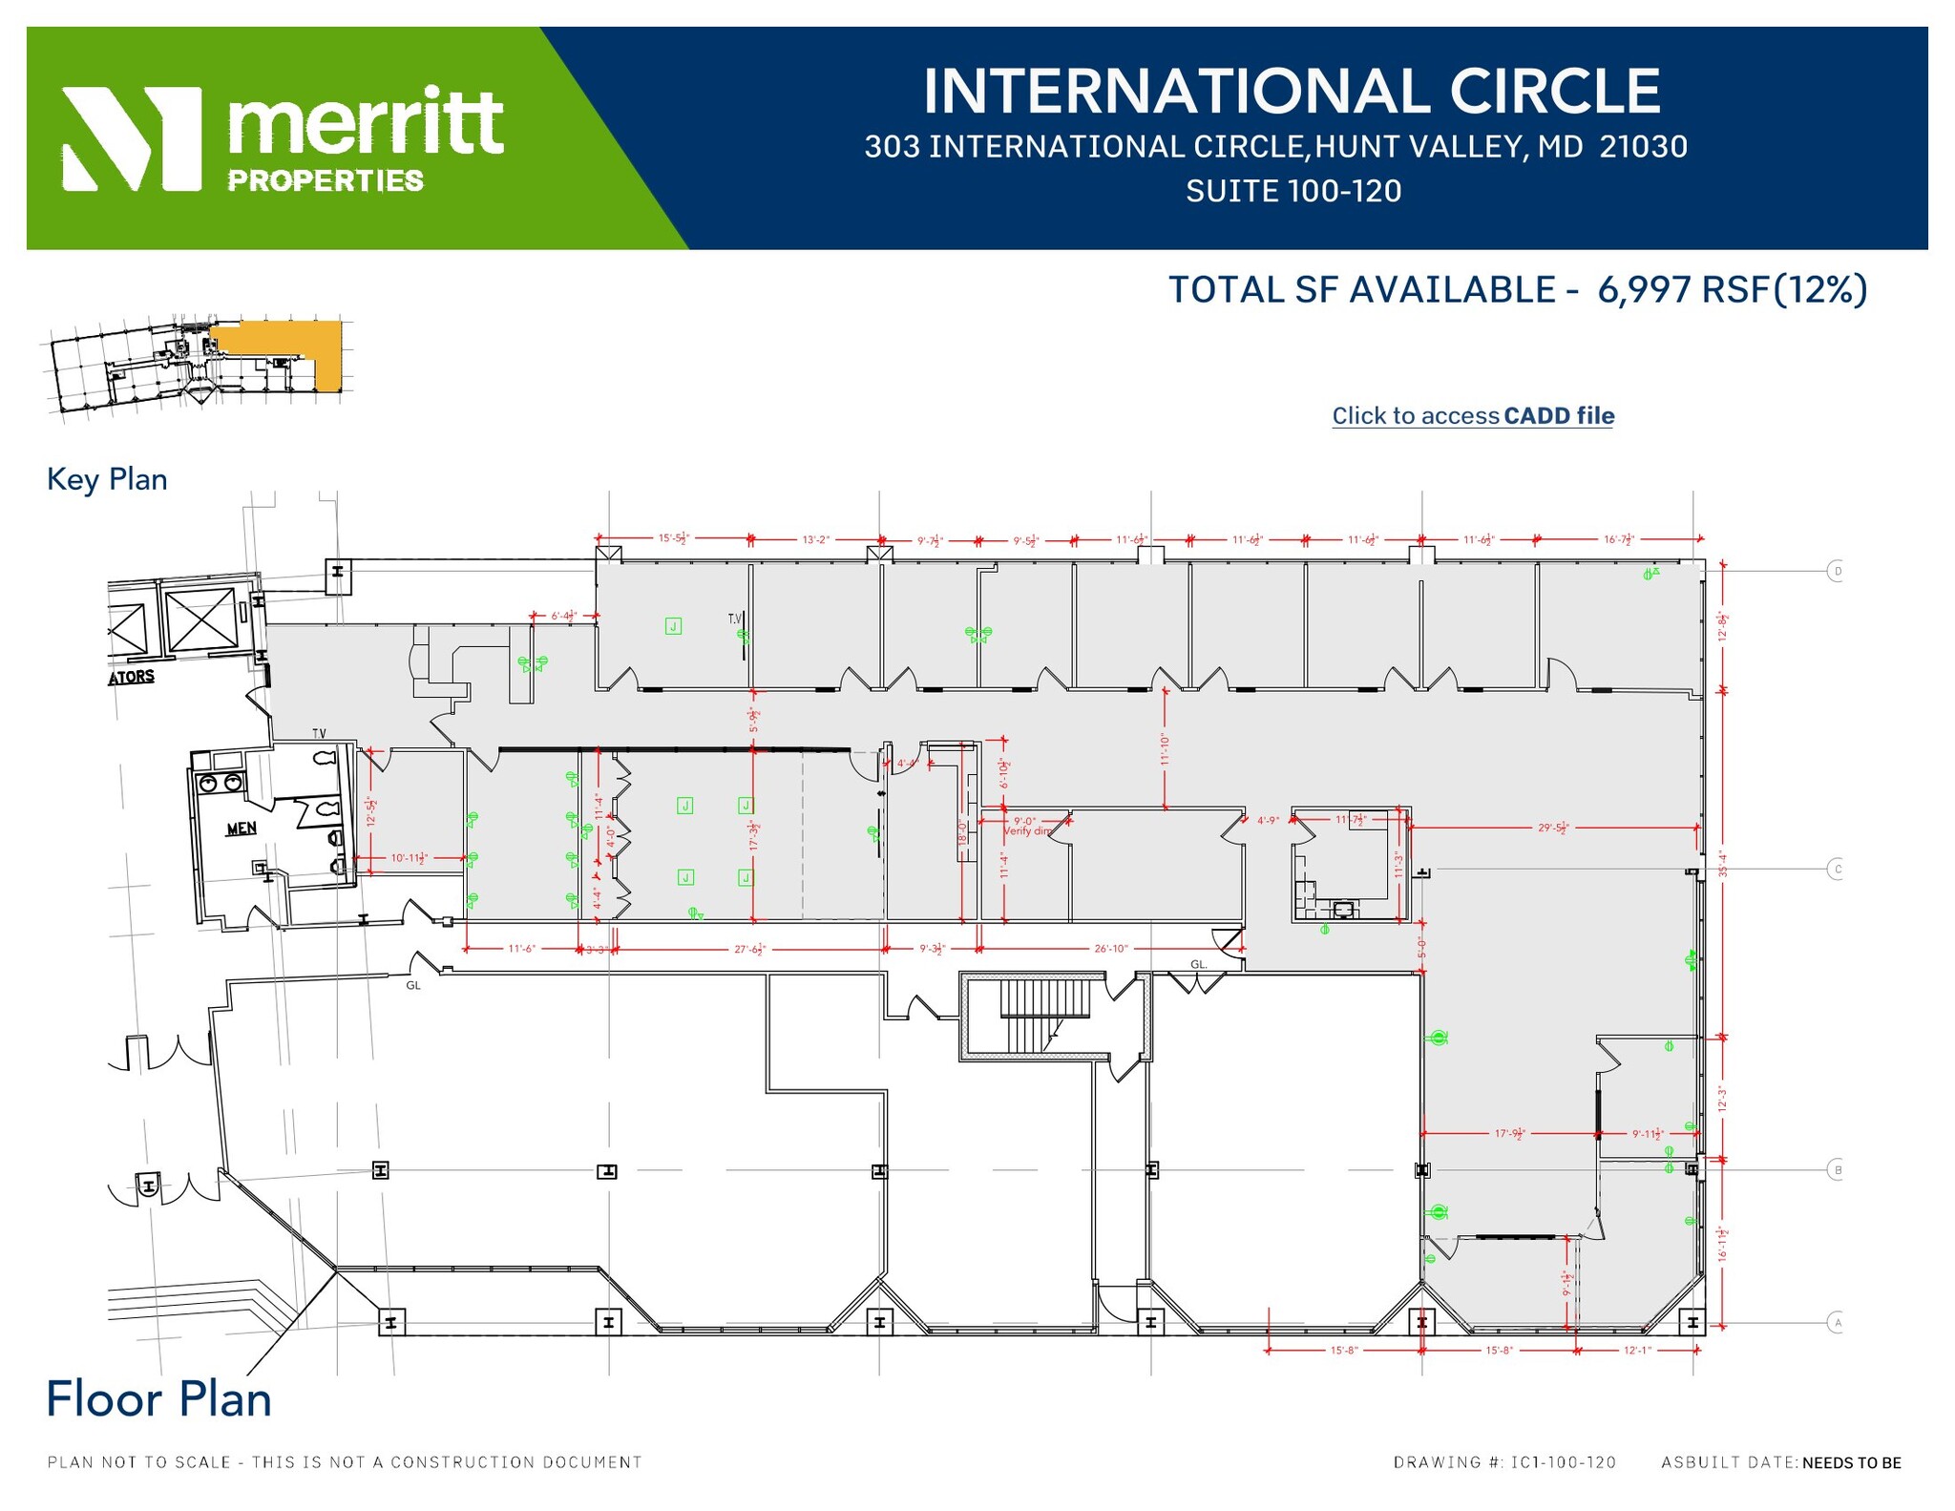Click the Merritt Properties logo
click(283, 138)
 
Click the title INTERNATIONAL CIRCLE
click(1292, 91)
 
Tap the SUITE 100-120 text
click(1293, 191)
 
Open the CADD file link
click(1473, 416)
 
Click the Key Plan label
click(107, 479)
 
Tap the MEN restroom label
click(241, 828)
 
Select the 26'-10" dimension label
click(1110, 949)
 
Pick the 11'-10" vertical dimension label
click(1165, 749)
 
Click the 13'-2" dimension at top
click(815, 539)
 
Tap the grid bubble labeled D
click(1836, 572)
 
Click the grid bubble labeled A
click(1836, 1323)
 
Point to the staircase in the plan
click(1044, 1014)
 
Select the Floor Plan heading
click(159, 1399)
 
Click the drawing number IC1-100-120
click(1564, 1462)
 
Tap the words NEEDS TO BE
click(1851, 1462)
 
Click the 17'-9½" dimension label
click(1509, 1134)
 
